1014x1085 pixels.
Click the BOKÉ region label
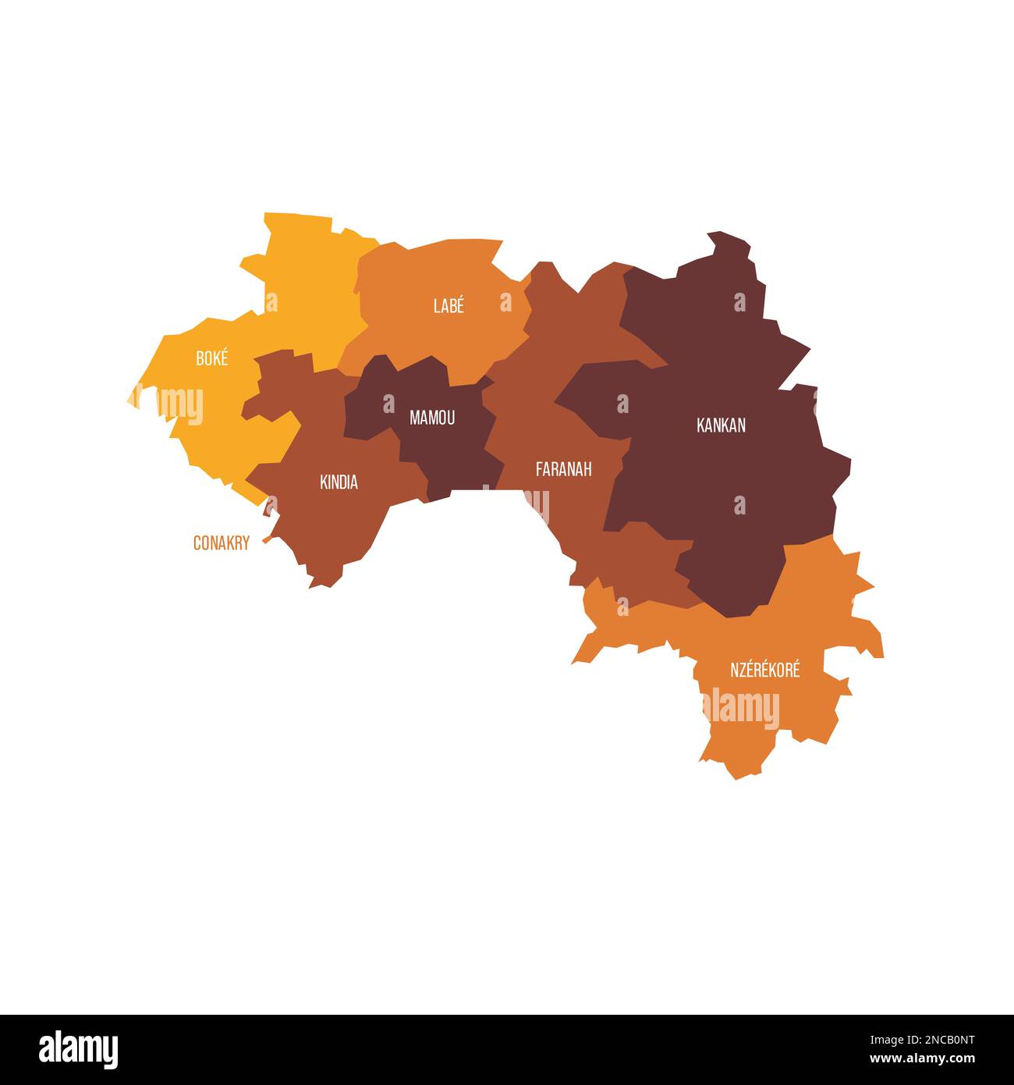point(212,359)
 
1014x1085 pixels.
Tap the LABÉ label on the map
point(448,306)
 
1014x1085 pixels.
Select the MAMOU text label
point(432,418)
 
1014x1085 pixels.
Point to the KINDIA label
point(339,482)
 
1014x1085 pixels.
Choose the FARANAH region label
point(563,469)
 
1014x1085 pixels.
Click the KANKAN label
point(721,425)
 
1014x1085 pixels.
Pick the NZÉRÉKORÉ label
point(764,670)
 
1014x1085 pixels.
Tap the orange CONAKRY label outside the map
point(221,543)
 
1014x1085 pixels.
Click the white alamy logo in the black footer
point(79,1049)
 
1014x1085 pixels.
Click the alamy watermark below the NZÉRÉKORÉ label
point(741,710)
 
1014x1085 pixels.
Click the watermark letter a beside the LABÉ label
point(505,302)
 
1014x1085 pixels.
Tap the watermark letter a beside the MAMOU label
point(388,404)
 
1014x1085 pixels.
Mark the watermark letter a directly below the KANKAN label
point(739,505)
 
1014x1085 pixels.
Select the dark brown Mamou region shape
point(445,453)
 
